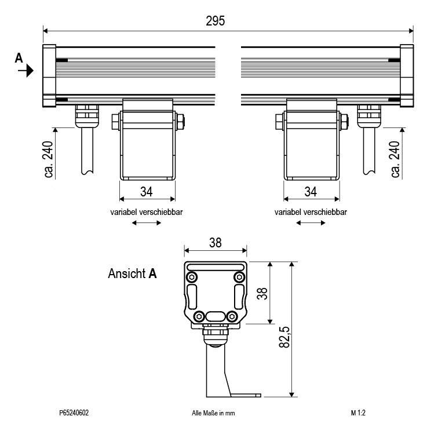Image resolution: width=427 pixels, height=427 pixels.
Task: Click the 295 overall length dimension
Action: click(216, 21)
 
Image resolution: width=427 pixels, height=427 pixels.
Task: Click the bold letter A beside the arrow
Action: click(19, 57)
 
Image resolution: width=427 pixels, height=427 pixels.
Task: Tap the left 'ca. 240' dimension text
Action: click(48, 159)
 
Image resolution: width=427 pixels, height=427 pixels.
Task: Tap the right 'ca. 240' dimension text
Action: click(396, 159)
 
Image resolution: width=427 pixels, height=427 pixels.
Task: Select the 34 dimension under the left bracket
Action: click(147, 191)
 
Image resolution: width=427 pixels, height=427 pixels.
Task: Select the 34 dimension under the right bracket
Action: click(311, 191)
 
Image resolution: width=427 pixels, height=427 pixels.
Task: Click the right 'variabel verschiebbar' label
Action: click(311, 212)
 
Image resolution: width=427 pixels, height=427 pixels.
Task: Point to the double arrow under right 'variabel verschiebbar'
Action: click(311, 224)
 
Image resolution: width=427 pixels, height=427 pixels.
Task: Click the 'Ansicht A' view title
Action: click(132, 273)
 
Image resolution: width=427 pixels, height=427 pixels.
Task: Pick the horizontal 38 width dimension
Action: click(216, 243)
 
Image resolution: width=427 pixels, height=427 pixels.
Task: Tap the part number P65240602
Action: click(74, 413)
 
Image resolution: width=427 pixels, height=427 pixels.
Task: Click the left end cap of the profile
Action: click(49, 76)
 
